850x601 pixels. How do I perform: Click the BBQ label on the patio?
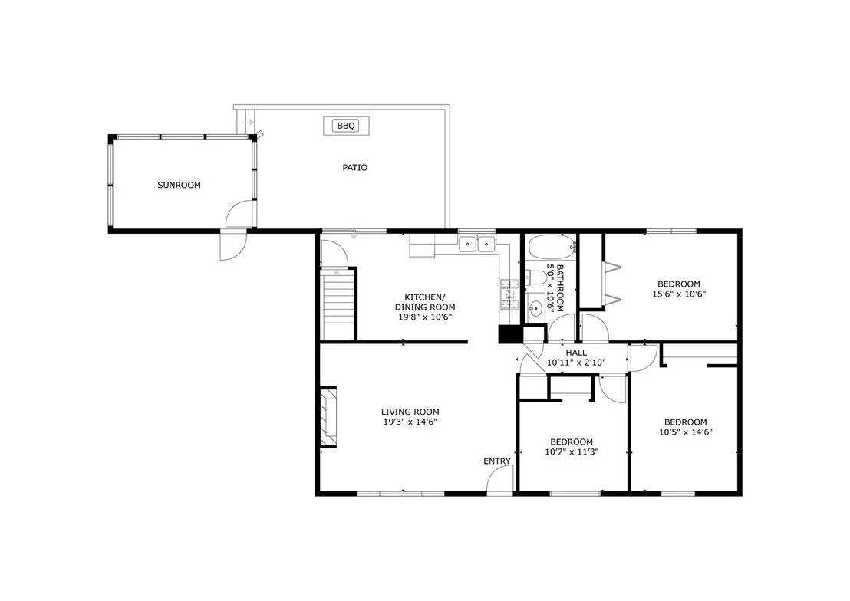[x=346, y=126]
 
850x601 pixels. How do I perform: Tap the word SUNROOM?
[x=179, y=185]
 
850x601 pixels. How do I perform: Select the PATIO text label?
[x=354, y=167]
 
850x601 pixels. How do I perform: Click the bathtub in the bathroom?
[x=552, y=248]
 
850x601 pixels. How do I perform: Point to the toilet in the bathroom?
[x=535, y=278]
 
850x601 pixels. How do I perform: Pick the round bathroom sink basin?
[x=535, y=309]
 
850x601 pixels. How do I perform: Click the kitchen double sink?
[x=477, y=245]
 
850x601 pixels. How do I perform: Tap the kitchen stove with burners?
[x=509, y=294]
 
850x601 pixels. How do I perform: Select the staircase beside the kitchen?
[x=338, y=306]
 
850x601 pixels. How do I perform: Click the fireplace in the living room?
[x=328, y=416]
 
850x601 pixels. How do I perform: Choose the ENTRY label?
[x=497, y=461]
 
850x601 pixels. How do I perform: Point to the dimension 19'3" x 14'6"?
[x=410, y=422]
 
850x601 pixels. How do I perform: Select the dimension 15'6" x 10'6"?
[x=679, y=294]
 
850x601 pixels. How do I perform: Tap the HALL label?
[x=575, y=353]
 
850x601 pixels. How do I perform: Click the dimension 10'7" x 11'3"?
[x=572, y=452]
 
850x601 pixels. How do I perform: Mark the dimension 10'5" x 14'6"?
[x=685, y=432]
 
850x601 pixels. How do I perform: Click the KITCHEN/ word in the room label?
[x=424, y=297]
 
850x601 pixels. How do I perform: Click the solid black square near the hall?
[x=509, y=333]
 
